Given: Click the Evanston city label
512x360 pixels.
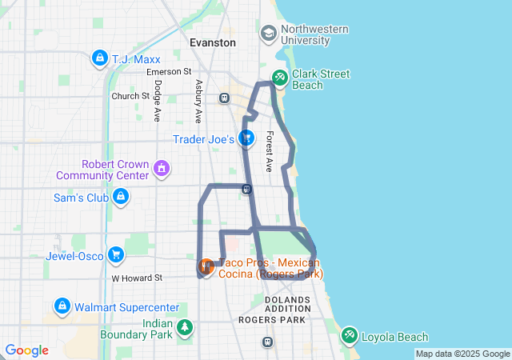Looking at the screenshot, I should [x=212, y=42].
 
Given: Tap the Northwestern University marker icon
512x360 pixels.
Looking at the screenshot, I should [x=268, y=34].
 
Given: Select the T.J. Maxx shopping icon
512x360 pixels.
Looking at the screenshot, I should [x=99, y=58].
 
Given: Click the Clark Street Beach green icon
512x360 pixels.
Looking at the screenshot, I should [x=280, y=78].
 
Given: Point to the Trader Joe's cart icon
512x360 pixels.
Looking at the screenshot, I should [x=246, y=138].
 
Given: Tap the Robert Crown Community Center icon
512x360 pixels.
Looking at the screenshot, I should [x=162, y=169].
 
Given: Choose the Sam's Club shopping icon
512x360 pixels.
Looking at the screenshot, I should [x=121, y=197].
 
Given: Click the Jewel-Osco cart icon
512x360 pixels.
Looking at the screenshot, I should [x=117, y=255].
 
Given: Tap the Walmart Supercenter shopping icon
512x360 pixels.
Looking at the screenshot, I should [x=62, y=306].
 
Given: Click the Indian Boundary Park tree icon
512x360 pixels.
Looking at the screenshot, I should [x=186, y=327].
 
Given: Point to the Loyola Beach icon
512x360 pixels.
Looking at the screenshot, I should [x=350, y=336].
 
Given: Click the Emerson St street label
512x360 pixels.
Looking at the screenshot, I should [x=169, y=72].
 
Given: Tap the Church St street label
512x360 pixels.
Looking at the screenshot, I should [x=130, y=96].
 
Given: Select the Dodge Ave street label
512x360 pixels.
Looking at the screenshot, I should [x=158, y=100].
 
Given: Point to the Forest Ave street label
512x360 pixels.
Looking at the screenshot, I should [x=270, y=151].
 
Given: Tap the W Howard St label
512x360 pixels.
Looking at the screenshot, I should [x=137, y=278].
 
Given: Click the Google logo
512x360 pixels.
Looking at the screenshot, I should [x=26, y=350].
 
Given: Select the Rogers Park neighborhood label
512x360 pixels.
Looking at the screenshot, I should [x=272, y=319].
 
